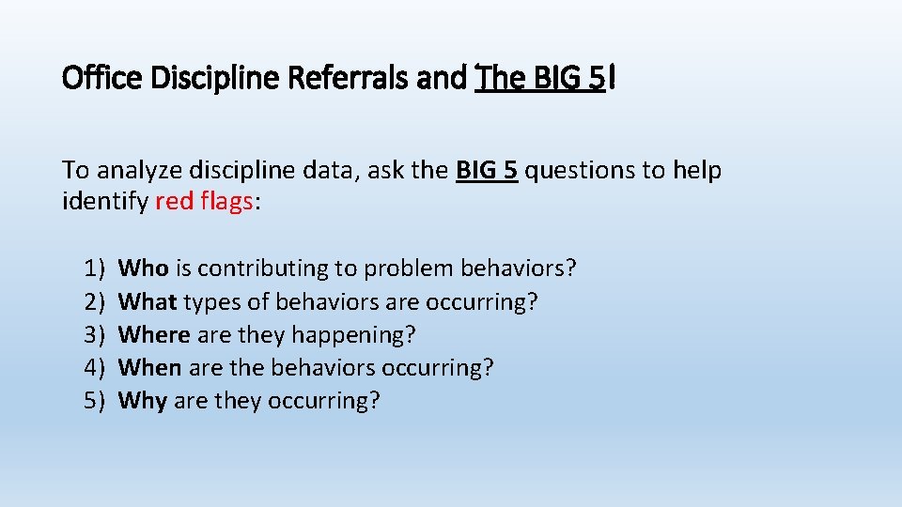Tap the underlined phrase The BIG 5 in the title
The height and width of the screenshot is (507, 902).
point(540,79)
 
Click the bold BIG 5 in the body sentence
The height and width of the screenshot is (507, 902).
point(487,171)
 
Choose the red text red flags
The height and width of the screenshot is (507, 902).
point(205,202)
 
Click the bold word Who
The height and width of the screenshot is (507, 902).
point(144,269)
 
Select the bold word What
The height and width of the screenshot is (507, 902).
point(148,301)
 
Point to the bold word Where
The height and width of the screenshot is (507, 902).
point(154,334)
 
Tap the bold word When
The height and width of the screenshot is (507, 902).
point(150,367)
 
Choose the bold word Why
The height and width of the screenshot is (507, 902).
point(143,401)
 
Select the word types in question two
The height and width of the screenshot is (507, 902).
point(210,301)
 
